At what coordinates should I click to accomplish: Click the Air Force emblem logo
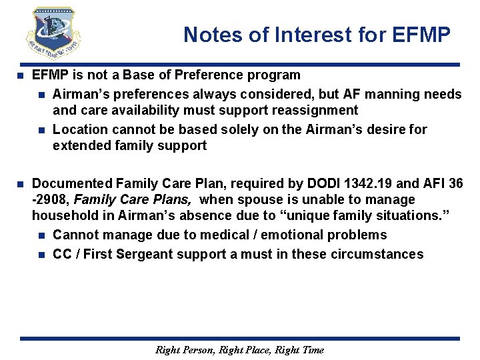[x=53, y=33]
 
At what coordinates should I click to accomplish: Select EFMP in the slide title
[x=419, y=34]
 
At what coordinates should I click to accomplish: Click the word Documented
[x=71, y=183]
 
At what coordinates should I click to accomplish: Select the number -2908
[x=51, y=199]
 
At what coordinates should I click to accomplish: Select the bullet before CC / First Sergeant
[x=41, y=254]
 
